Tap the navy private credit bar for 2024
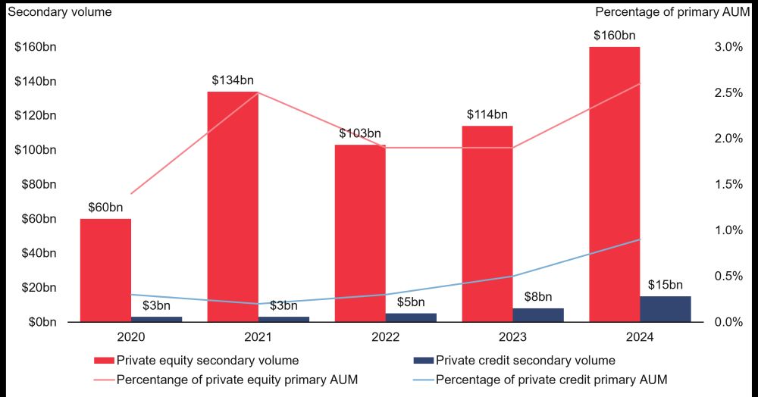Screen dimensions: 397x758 [666, 308]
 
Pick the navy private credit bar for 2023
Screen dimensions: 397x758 [538, 314]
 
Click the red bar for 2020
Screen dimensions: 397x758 [105, 270]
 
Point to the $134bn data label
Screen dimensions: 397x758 [233, 80]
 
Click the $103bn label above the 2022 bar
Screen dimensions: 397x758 [360, 133]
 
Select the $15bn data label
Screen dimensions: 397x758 [666, 286]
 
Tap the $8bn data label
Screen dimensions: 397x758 [538, 297]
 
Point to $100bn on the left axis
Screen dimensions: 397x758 [36, 150]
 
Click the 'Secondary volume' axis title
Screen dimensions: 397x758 [59, 11]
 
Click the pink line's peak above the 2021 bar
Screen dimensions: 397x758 [258, 92]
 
